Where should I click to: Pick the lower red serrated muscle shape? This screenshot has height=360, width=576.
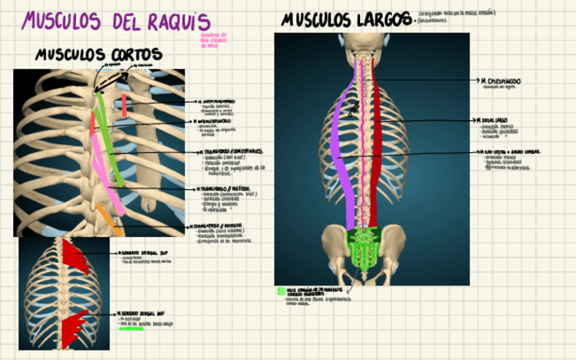[76, 325]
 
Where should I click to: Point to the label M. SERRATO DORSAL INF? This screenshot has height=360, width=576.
[143, 314]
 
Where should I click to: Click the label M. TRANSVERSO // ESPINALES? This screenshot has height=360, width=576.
[231, 151]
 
